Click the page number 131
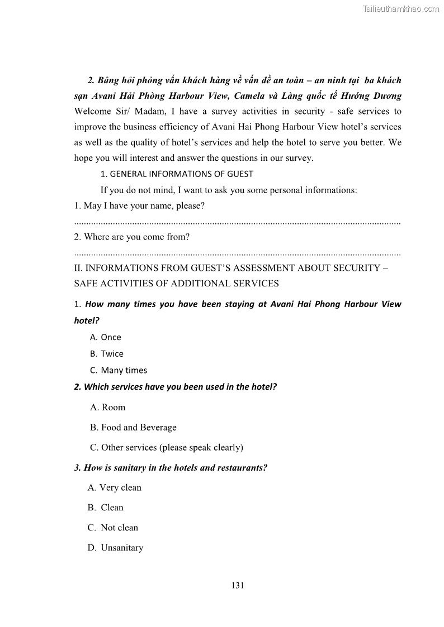(238, 586)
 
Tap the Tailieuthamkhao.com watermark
(401, 9)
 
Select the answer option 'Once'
(111, 337)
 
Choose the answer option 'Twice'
(112, 354)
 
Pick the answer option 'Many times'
(124, 370)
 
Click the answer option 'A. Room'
(108, 407)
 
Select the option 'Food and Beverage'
(138, 427)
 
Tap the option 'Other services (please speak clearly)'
(172, 447)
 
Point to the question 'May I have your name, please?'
(139, 205)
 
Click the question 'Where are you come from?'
(132, 237)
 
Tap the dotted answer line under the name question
(237, 222)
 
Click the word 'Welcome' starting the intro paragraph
(93, 111)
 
